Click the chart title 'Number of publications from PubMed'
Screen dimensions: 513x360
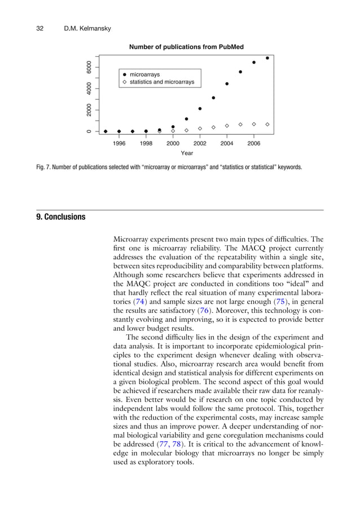tap(186, 47)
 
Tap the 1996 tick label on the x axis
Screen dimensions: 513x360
tap(118, 144)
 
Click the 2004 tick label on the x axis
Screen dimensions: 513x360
tap(227, 144)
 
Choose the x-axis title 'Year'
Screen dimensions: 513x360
tap(186, 153)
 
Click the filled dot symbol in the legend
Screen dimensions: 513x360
tap(124, 74)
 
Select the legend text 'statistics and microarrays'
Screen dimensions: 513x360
tap(162, 82)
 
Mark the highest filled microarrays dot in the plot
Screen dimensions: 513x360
tap(267, 58)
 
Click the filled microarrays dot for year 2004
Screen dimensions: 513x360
tap(227, 83)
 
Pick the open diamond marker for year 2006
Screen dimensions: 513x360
tap(254, 124)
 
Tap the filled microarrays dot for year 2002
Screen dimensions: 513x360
tap(200, 109)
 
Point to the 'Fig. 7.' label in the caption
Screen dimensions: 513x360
tap(45, 167)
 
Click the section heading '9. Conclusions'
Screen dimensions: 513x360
tap(61, 216)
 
